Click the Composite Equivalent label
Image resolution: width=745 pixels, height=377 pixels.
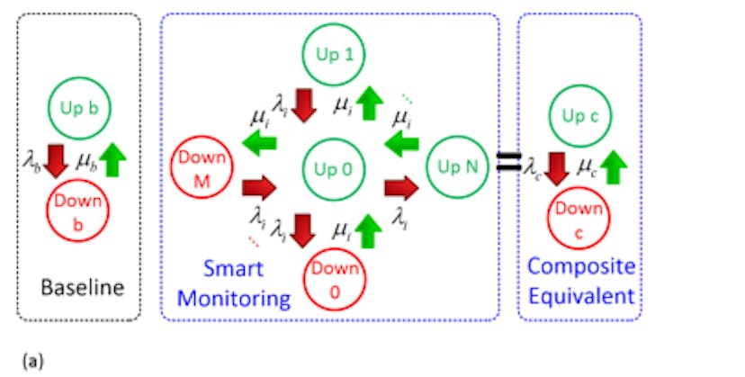(x=580, y=280)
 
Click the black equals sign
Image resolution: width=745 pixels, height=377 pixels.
(x=509, y=165)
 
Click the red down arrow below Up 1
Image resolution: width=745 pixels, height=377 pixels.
(x=305, y=104)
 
